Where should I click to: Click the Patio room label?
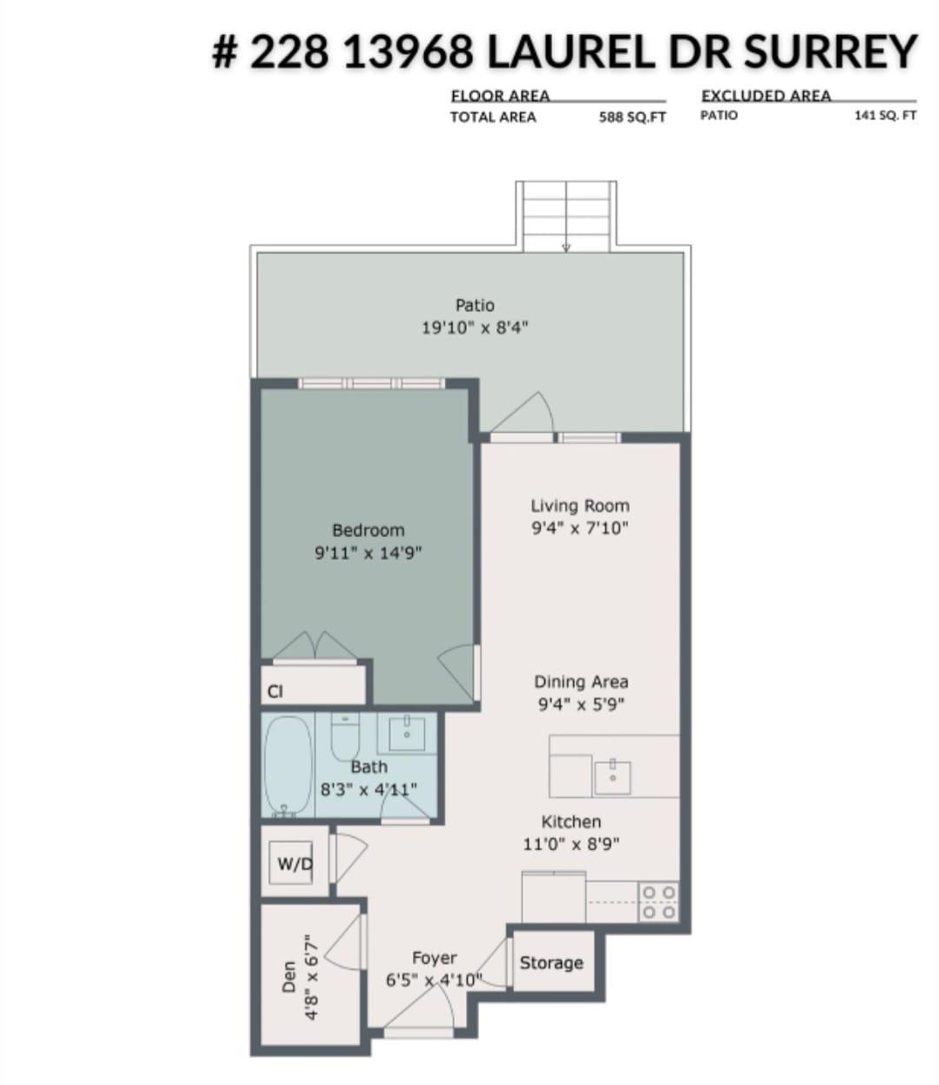coord(475,305)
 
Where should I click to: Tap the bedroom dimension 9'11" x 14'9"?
coord(368,553)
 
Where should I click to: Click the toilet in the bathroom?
coord(345,736)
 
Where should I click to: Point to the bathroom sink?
coord(407,734)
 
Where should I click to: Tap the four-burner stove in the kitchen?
coord(659,902)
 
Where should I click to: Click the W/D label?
coord(294,864)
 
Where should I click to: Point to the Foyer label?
coord(435,958)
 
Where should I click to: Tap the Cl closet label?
coord(275,691)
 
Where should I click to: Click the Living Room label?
coord(580,506)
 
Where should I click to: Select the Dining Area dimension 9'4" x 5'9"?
coord(581,704)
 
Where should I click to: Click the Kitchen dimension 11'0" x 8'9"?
coord(571,844)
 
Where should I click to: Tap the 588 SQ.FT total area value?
coord(632,117)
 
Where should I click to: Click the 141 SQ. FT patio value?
coord(886,116)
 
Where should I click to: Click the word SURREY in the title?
coord(831,51)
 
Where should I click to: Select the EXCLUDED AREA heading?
coord(767,96)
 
